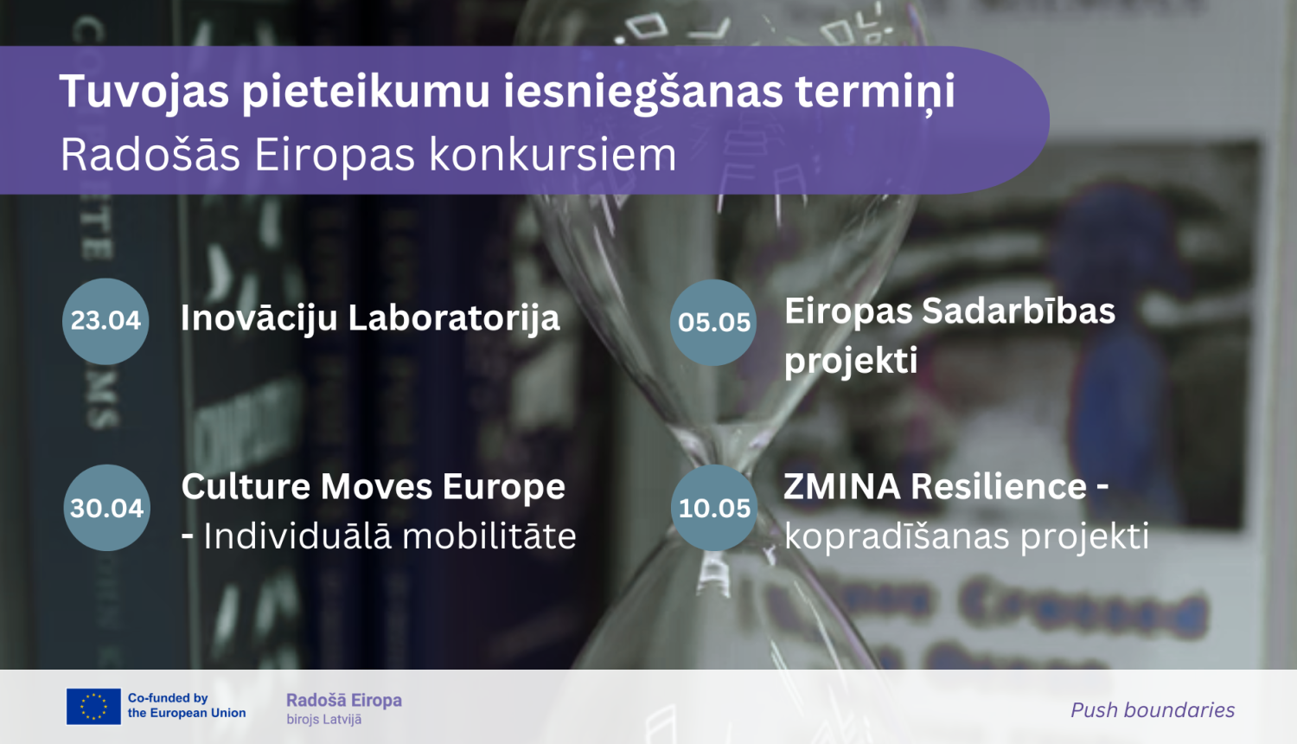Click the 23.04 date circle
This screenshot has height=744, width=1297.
tap(105, 321)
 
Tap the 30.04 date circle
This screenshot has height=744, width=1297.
tap(107, 508)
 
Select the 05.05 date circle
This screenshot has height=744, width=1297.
tap(713, 322)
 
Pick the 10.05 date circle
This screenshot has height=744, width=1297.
tap(714, 508)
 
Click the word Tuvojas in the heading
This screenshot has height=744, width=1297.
tap(144, 92)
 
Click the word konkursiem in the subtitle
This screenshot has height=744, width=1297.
tap(553, 156)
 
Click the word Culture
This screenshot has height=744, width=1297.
tap(246, 487)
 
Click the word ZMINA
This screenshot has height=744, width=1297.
tap(842, 487)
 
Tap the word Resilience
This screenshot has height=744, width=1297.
tap(999, 487)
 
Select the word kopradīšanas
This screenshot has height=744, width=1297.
tap(897, 536)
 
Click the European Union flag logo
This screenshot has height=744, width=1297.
tap(93, 706)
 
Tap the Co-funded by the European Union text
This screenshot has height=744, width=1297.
tap(186, 706)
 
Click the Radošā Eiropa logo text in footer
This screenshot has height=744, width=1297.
tap(344, 701)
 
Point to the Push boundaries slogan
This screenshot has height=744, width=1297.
tap(1153, 710)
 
